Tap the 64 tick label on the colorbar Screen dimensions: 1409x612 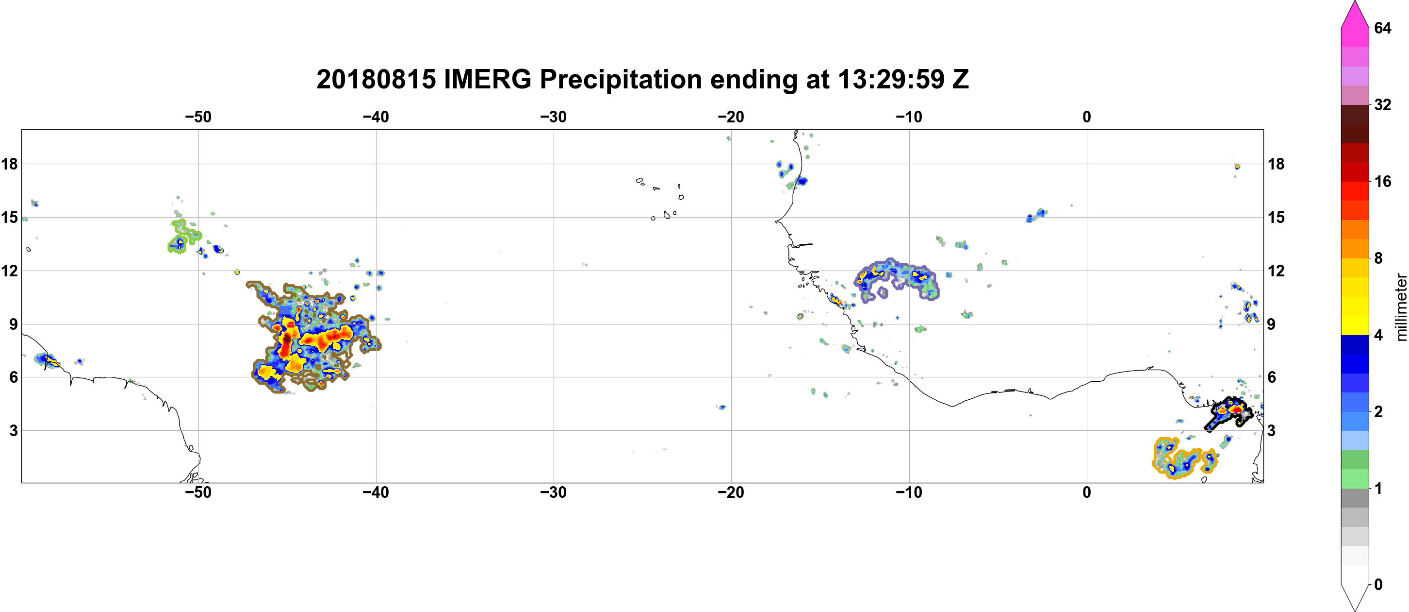(x=1382, y=28)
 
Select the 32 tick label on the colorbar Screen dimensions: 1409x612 (x=1382, y=104)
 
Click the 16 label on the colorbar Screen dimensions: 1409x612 (x=1382, y=181)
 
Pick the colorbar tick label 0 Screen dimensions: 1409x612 (x=1378, y=585)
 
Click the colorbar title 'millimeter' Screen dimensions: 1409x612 (x=1401, y=307)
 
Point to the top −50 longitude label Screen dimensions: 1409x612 (x=198, y=117)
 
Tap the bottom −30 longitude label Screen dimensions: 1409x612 (x=554, y=492)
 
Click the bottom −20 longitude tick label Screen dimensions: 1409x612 (x=731, y=492)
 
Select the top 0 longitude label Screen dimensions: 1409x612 (x=1086, y=117)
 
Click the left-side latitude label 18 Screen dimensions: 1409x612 (x=9, y=164)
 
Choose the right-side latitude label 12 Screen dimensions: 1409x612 (x=1276, y=271)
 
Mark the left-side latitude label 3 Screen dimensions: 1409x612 (x=13, y=430)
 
